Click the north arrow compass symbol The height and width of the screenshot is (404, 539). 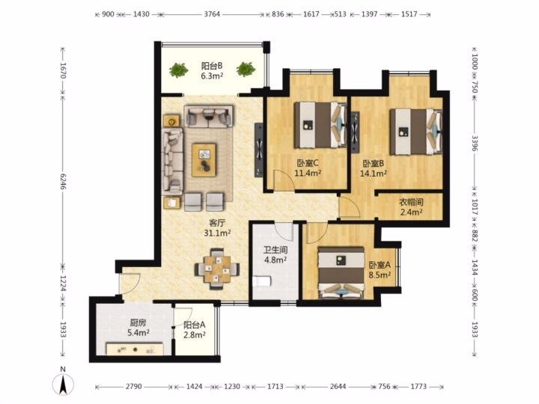63,382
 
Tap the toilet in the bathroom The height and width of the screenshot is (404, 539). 262,281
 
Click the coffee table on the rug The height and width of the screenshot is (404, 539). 204,160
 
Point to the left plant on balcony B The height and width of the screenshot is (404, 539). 178,70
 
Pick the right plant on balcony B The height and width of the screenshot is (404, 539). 246,70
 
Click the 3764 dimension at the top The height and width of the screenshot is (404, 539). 212,14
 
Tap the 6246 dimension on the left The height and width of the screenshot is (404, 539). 63,181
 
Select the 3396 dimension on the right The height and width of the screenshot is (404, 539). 475,143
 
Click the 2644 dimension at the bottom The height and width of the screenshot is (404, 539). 338,387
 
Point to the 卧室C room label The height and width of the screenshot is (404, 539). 308,163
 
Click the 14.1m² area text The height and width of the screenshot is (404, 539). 373,174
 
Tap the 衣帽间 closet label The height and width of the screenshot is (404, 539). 411,202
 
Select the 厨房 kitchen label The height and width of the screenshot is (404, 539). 138,323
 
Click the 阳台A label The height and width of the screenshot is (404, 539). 195,325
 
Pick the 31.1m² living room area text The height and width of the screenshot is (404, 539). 217,233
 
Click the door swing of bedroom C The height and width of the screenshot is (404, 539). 284,180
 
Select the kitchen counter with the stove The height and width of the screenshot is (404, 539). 135,349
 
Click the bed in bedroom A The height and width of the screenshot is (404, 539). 341,273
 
